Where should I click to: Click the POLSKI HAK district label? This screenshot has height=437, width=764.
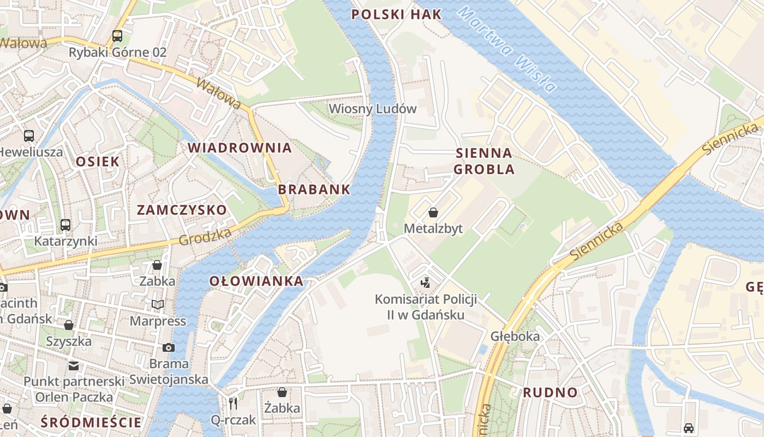[396, 15]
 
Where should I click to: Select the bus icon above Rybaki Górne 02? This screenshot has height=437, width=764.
[117, 36]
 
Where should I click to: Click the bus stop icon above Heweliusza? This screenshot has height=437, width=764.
[29, 135]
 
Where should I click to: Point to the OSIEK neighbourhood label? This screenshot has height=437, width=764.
[98, 161]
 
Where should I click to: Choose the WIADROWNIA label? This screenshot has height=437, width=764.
[240, 147]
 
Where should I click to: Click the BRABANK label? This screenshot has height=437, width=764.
[314, 190]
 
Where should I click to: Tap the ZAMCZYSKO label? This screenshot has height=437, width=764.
[182, 210]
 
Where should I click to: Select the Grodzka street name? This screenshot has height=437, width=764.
[205, 237]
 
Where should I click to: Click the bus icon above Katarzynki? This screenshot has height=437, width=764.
[65, 225]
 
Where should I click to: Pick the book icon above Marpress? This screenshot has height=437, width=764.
[158, 304]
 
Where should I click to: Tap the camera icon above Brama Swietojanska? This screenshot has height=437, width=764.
[169, 347]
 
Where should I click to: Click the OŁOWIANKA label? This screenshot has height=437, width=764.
[256, 281]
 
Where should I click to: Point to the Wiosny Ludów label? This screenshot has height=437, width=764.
[373, 109]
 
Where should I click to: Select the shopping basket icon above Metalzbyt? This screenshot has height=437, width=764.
[433, 212]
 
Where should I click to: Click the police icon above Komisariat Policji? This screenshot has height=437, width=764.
[426, 282]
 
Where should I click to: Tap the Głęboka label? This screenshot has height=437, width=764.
[515, 336]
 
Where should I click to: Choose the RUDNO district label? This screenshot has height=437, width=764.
[550, 392]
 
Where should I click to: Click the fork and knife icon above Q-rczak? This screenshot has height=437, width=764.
[234, 403]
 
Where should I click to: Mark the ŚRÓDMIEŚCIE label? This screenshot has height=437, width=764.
[91, 422]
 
